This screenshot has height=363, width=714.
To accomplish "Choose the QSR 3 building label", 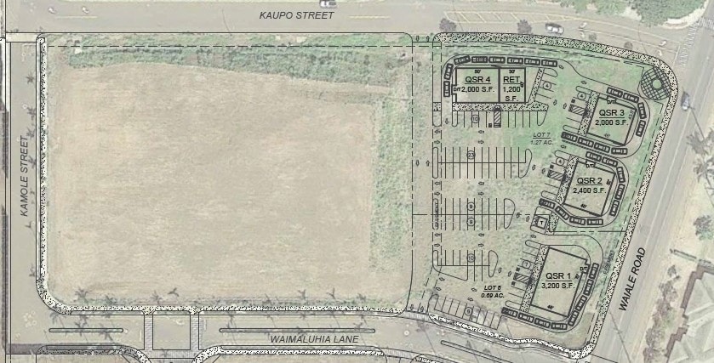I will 612,112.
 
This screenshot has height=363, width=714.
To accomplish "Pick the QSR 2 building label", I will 589,181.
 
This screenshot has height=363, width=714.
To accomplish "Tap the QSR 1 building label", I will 557,275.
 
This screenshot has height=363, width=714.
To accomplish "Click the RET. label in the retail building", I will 511,80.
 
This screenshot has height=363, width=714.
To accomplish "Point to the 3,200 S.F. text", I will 557,286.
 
